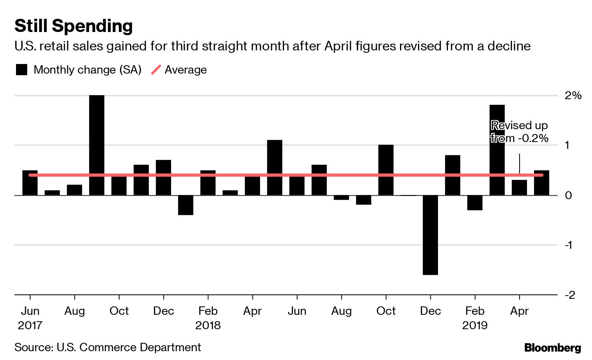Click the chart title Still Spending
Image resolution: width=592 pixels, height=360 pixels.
[x=74, y=26]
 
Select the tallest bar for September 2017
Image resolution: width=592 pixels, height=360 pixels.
[x=97, y=145]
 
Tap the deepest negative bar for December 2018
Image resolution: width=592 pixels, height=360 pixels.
[x=430, y=235]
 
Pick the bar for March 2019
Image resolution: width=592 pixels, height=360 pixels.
[x=497, y=150]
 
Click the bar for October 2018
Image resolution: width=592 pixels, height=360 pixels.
[x=386, y=170]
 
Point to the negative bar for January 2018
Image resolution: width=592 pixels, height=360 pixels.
[x=186, y=205]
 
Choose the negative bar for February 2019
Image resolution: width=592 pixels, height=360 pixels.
[x=475, y=202]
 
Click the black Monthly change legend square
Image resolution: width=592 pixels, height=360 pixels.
[x=22, y=70]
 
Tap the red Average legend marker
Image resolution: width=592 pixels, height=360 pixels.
[x=156, y=70]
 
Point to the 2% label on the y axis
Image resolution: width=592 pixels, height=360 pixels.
[x=573, y=95]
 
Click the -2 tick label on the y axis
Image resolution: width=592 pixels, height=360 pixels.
[x=570, y=295]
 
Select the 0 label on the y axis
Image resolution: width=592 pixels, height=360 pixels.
[x=568, y=195]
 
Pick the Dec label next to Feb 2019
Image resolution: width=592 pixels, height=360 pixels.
[x=430, y=311]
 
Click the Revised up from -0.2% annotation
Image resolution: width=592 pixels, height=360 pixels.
[x=519, y=132]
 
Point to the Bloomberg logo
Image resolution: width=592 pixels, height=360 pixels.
[x=552, y=348]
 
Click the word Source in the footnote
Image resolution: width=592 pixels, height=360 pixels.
[x=33, y=347]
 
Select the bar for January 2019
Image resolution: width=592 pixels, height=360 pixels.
[x=452, y=175]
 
